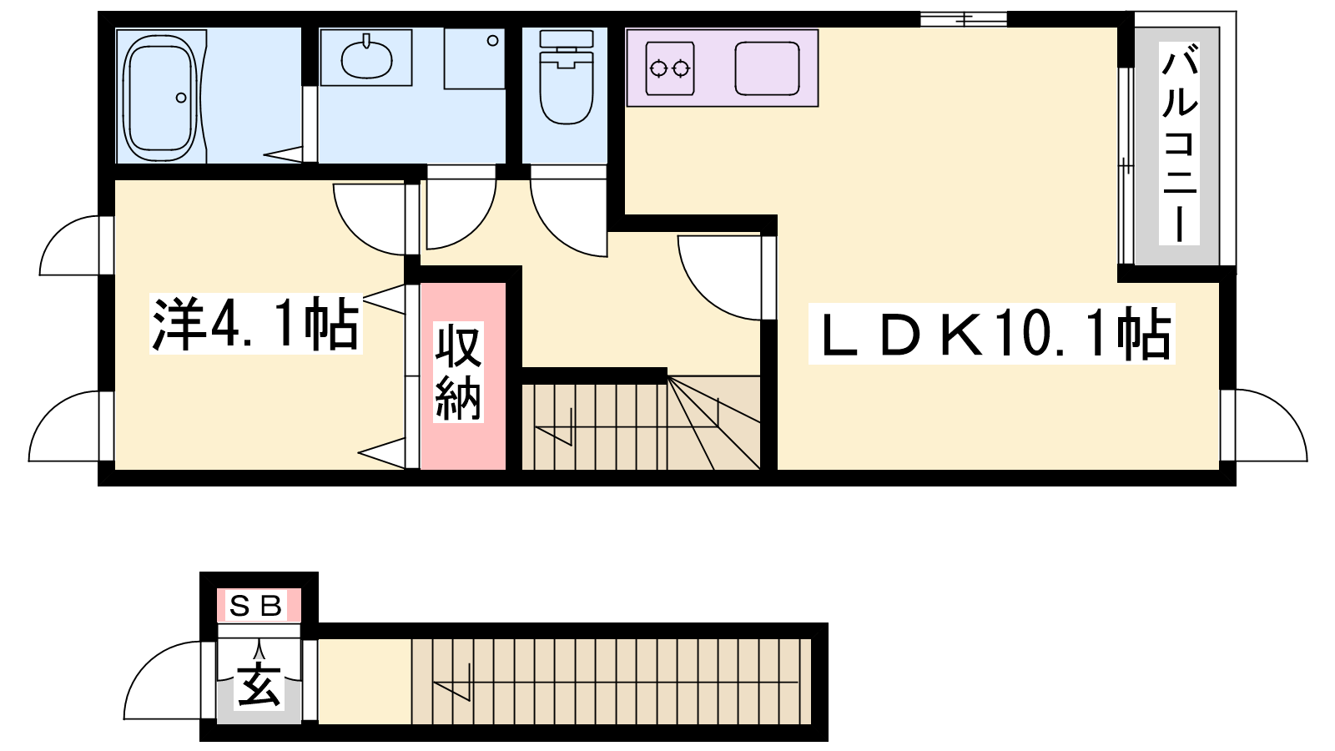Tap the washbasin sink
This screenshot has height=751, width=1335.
pyautogui.click(x=366, y=58)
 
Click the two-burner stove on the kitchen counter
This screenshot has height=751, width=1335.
pyautogui.click(x=670, y=68)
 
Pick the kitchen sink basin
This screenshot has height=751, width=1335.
pyautogui.click(x=767, y=68)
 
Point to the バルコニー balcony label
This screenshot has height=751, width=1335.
pyautogui.click(x=1179, y=144)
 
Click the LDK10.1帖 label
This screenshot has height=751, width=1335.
pyautogui.click(x=991, y=334)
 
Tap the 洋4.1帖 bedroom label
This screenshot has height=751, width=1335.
pyautogui.click(x=256, y=324)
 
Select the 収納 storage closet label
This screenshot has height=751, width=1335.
pyautogui.click(x=458, y=372)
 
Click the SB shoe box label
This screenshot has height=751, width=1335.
pyautogui.click(x=258, y=606)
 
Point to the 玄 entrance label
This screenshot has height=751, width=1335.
pyautogui.click(x=259, y=685)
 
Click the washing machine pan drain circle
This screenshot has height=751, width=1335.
pyautogui.click(x=493, y=41)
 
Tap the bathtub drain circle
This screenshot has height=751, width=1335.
pyautogui.click(x=181, y=98)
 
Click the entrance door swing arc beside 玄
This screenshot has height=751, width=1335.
pyautogui.click(x=163, y=680)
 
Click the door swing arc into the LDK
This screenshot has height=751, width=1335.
pyautogui.click(x=719, y=278)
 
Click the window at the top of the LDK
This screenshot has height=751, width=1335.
pyautogui.click(x=964, y=19)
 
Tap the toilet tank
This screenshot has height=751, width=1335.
pyautogui.click(x=567, y=39)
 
